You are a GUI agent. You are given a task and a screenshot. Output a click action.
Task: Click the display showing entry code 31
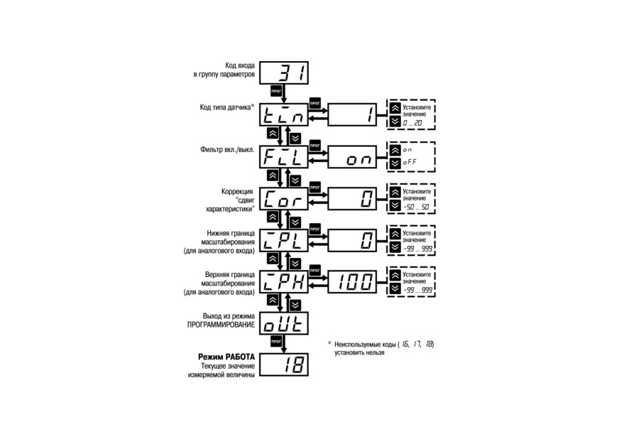pos(284,72)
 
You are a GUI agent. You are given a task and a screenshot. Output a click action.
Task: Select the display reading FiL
pos(284,157)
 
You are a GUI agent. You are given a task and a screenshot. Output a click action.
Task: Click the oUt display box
pos(284,324)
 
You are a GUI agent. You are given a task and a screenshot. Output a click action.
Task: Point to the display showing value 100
pos(352,282)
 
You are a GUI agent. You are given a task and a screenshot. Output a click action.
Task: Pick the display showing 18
pos(284,364)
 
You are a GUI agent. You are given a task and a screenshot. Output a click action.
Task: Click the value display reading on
pos(352,157)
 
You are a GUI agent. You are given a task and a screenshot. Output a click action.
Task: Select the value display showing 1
pos(352,114)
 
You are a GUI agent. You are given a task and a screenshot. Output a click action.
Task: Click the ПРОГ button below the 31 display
pos(276,91)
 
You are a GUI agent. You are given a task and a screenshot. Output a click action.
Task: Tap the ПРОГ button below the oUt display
pos(276,341)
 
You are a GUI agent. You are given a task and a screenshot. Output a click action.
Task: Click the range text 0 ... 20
pos(412,124)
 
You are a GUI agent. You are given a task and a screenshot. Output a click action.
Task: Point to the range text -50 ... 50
pos(416,207)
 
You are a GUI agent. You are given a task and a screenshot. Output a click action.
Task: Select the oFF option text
pos(410,162)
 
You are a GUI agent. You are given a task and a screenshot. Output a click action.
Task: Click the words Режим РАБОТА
pos(226,357)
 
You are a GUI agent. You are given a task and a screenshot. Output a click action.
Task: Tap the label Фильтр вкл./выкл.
pos(227,150)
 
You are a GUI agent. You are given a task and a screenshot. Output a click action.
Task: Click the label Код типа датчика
pos(226,107)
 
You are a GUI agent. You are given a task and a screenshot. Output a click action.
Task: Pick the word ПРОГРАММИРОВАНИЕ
pos(221,325)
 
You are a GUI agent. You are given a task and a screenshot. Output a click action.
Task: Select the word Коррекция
pos(237,192)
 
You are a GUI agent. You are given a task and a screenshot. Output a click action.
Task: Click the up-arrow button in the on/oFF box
pos(395,150)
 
